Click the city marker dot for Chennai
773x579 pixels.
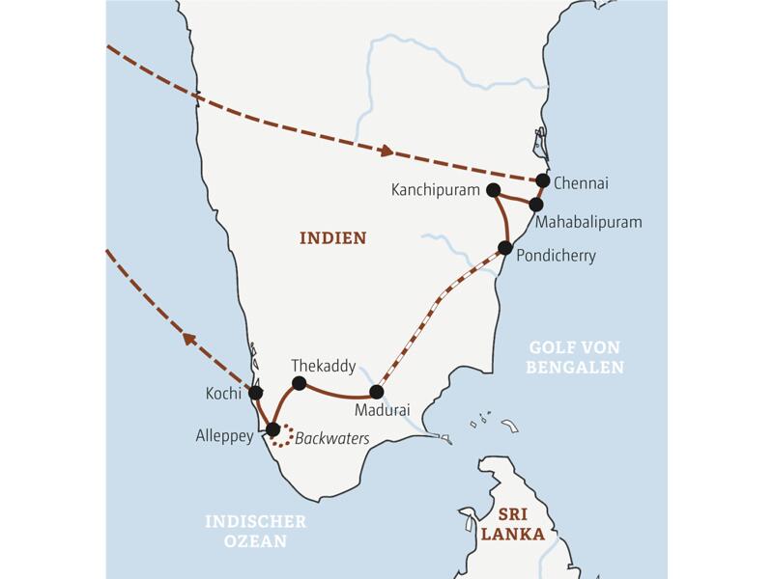pos(543,180)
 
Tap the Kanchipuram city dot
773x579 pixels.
pos(494,190)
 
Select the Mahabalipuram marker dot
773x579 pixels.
pos(536,204)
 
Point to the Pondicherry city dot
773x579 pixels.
pos(504,247)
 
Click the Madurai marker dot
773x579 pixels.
pos(377,393)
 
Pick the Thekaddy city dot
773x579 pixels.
pos(299,383)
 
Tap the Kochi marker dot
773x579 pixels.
pos(256,393)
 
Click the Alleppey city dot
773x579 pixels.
pos(272,429)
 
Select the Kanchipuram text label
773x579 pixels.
pos(436,190)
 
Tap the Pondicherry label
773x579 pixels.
pos(557,256)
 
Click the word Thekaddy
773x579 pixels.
pos(323,366)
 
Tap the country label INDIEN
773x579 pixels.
pos(333,237)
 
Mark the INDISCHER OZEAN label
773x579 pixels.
pos(255,531)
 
